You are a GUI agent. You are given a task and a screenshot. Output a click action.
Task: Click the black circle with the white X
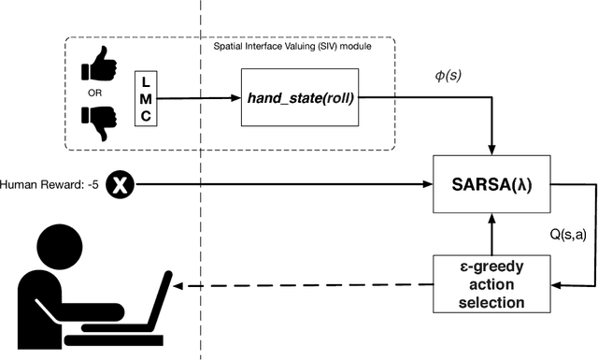click(120, 184)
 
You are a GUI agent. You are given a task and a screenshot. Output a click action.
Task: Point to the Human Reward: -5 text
click(47, 184)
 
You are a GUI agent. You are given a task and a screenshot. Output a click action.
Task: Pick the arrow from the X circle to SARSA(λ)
click(280, 184)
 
